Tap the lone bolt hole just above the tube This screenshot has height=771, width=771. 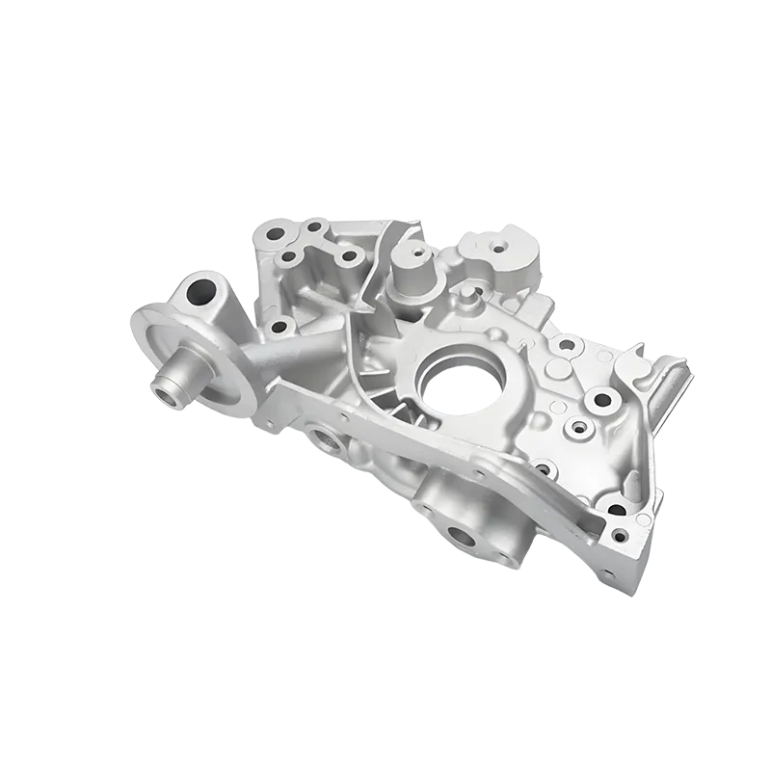[x=279, y=327]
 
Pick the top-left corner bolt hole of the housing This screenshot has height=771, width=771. [x=275, y=233]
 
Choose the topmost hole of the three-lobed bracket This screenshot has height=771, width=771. [x=313, y=228]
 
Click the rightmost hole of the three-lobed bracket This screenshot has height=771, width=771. [x=349, y=256]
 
